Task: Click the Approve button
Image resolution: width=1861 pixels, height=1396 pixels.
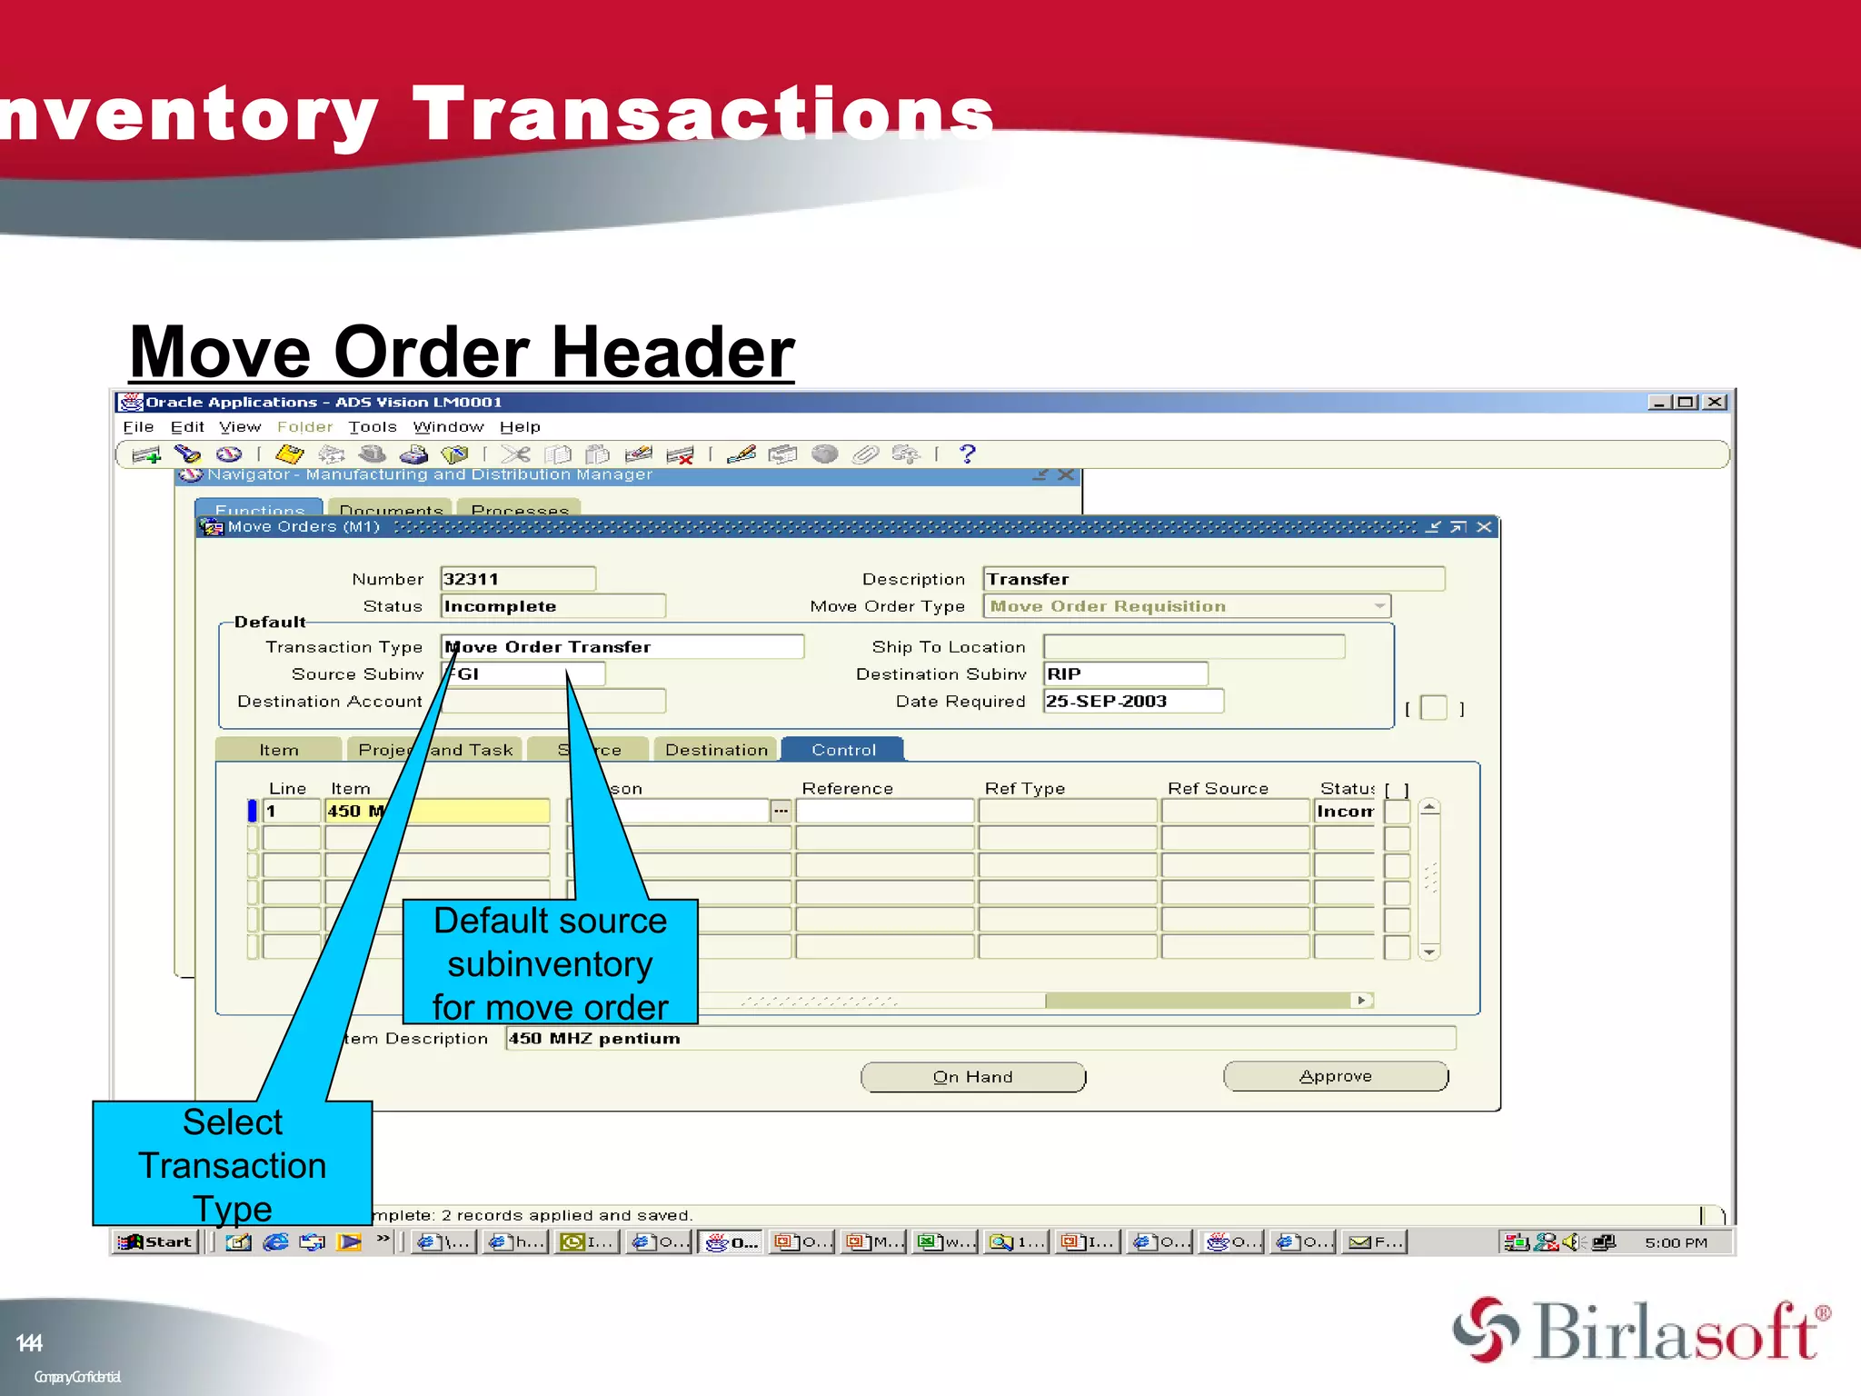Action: coord(1335,1076)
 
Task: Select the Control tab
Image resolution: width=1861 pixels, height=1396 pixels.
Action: coord(842,750)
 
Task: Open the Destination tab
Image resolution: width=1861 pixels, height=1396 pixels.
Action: coord(715,750)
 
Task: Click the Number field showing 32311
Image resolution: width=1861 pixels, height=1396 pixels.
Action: coord(517,579)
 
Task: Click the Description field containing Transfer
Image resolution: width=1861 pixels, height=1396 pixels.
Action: coord(1212,579)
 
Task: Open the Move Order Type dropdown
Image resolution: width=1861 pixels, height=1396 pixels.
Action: coord(1379,606)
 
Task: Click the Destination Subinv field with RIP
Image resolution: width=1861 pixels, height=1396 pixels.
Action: coord(1125,673)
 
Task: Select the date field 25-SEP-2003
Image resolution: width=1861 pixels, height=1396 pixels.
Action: coord(1132,701)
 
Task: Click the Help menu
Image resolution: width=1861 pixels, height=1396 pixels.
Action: coord(520,427)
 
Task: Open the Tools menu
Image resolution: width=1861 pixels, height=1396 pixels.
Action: coord(373,427)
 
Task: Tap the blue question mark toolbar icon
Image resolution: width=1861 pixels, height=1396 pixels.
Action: coord(967,454)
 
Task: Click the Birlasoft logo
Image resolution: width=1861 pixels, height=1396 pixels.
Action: coord(1641,1331)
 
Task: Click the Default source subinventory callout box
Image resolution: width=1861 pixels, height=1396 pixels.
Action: coord(550,963)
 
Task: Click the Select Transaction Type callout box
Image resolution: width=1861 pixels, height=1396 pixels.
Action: coord(233,1164)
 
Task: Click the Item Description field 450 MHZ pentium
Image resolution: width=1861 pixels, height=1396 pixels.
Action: coord(980,1038)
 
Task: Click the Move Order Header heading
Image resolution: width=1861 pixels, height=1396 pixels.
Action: coord(462,353)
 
